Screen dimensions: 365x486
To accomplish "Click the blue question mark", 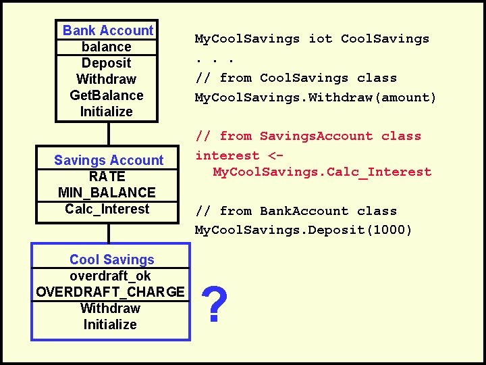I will tap(214, 305).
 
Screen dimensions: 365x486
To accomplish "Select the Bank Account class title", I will tap(108, 30).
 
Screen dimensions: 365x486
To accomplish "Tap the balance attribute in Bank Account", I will tap(107, 47).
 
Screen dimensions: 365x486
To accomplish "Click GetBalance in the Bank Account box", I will tap(107, 95).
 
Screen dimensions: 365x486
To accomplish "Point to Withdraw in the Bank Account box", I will tap(107, 79).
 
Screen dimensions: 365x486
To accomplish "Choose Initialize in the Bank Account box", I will tap(107, 112).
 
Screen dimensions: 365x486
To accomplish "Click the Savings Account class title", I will tap(109, 160).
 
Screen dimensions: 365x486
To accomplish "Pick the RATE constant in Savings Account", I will tap(107, 176).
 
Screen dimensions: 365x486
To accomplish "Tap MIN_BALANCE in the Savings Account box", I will tap(107, 193).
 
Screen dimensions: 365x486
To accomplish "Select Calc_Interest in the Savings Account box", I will tap(107, 209).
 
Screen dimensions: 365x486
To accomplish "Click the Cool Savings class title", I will tap(112, 260).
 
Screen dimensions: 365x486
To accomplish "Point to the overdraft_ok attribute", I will tap(110, 276).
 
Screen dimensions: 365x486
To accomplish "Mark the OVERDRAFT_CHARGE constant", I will tap(110, 292).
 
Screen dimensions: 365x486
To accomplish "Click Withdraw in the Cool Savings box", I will tap(110, 308).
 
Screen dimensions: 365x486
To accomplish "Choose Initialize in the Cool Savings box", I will tap(110, 324).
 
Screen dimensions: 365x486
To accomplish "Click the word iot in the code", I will tap(321, 39).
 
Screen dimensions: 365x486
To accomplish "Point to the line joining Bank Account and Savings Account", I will tap(107, 133).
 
